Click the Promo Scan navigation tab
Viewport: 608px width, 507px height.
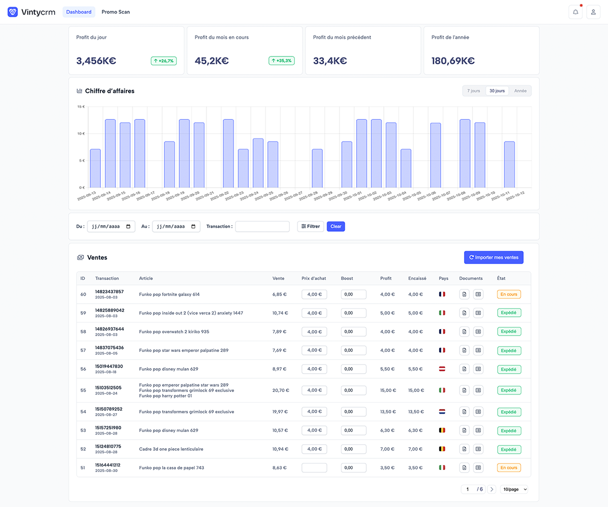[x=116, y=12]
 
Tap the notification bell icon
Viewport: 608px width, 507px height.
[x=575, y=12]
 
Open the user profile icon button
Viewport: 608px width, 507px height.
[x=593, y=12]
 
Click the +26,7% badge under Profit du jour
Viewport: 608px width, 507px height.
[x=164, y=61]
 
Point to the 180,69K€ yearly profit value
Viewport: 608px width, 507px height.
[x=453, y=61]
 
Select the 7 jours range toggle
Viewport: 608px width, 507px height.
[x=474, y=91]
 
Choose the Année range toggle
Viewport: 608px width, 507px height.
[x=520, y=91]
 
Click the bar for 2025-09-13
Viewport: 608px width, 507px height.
[x=95, y=168]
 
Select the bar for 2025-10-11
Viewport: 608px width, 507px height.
[x=509, y=164]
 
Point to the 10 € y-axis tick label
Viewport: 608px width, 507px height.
[x=81, y=134]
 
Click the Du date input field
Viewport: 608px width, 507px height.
[x=111, y=227]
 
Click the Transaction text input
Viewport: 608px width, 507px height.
[x=262, y=227]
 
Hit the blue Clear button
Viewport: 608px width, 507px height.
[x=336, y=227]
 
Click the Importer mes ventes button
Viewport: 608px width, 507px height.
[x=494, y=258]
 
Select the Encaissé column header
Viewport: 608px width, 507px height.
[x=417, y=278]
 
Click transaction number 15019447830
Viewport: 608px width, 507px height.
[x=109, y=366]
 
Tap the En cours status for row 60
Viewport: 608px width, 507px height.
[x=509, y=294]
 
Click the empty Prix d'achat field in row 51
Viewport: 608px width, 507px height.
[x=314, y=467]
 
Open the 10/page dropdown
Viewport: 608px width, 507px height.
[x=514, y=489]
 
